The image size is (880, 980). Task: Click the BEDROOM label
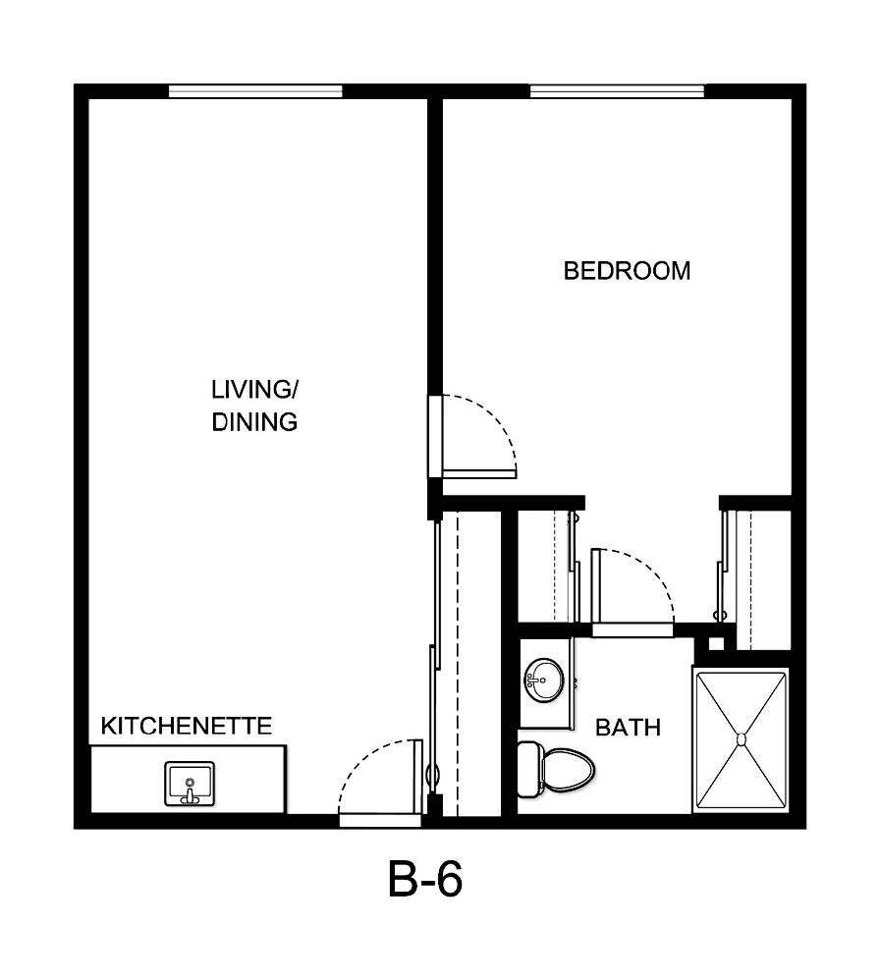coord(627,271)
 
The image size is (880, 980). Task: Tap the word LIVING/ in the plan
coord(255,389)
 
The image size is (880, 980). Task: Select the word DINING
coord(255,422)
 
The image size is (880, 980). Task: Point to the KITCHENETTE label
coord(187,727)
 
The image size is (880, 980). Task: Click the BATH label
coord(629,728)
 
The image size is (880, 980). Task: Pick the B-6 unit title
coord(424,881)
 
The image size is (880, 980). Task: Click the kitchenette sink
coord(190,784)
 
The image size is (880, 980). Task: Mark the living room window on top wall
coord(255,91)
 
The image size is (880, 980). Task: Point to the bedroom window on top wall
coord(617,91)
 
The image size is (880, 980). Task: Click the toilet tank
coord(528,768)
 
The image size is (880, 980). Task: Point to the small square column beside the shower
coord(716,643)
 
